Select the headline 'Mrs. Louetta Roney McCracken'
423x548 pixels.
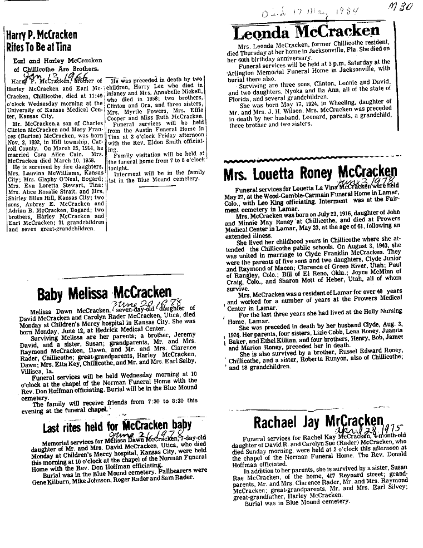pos(310,175)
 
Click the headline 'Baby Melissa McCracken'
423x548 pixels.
pos(105,293)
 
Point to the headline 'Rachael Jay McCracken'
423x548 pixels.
pos(318,422)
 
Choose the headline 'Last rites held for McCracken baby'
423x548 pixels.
pos(117,426)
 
